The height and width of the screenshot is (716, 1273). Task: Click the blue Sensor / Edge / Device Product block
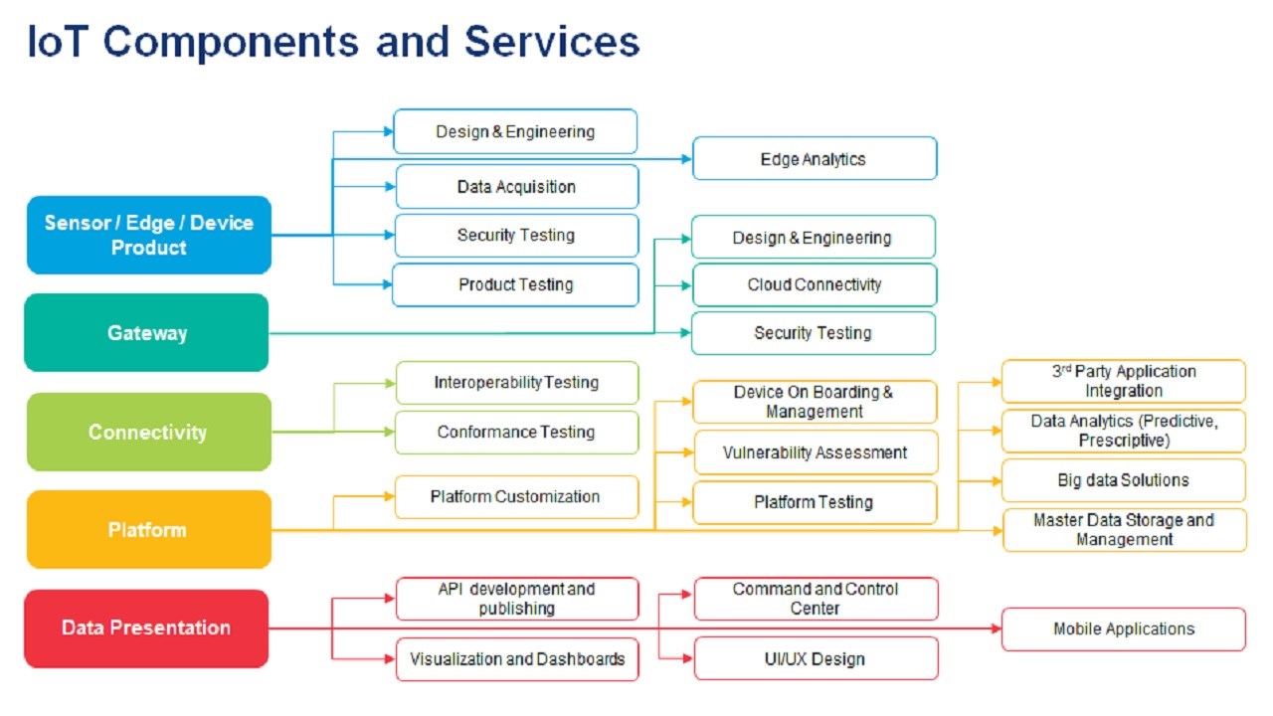(149, 235)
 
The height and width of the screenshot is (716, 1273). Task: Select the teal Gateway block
(146, 332)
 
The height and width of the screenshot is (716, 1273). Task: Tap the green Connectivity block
(149, 432)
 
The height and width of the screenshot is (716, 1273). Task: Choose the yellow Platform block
(149, 530)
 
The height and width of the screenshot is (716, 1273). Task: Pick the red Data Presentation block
(146, 627)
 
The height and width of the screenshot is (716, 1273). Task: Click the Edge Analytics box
(815, 158)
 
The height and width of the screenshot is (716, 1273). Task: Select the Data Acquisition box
(516, 186)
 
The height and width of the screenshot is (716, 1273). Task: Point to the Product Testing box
(515, 284)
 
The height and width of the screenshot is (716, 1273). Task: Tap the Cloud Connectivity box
(815, 284)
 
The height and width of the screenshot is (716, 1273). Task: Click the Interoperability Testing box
(516, 383)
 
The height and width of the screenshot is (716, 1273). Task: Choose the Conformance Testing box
(516, 432)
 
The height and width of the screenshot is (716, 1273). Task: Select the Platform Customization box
(516, 496)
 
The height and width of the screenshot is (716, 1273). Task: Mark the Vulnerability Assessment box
(816, 452)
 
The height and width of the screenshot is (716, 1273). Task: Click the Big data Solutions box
(1124, 480)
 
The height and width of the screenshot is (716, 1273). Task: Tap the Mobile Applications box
(1124, 629)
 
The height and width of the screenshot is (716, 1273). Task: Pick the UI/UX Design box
(816, 658)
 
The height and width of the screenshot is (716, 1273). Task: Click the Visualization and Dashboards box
(516, 659)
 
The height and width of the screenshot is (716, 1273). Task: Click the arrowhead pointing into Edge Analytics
(686, 159)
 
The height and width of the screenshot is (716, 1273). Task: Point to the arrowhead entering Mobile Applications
(996, 628)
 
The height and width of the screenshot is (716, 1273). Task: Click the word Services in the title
(552, 42)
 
